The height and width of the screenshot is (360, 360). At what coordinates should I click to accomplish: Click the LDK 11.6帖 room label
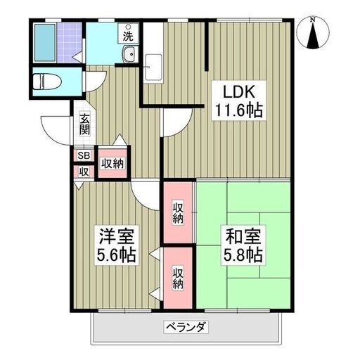[239, 101]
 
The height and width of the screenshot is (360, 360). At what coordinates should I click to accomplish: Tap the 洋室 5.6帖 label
[117, 245]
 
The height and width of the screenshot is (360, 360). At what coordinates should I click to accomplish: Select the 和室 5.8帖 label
[243, 245]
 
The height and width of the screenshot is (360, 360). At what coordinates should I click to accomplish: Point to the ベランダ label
[186, 327]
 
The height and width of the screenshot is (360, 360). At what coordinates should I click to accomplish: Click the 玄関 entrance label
[84, 124]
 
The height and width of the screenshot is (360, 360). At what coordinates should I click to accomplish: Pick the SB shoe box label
[84, 155]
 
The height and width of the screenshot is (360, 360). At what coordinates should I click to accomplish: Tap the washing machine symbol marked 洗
[128, 33]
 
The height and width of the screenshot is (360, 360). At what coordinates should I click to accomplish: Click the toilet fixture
[47, 82]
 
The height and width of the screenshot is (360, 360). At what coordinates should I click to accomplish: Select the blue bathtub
[45, 43]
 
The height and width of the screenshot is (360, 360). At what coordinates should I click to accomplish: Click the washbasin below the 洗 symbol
[129, 54]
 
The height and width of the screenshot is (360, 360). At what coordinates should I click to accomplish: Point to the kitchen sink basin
[153, 67]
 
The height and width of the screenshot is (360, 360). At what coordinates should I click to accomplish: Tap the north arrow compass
[313, 33]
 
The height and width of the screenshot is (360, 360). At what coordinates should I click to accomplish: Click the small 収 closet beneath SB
[84, 172]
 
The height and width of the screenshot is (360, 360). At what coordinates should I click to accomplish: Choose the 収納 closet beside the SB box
[112, 163]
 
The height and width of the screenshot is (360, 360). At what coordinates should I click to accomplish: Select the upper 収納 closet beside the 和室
[178, 212]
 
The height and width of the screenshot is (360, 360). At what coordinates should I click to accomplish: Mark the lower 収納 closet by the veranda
[178, 278]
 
